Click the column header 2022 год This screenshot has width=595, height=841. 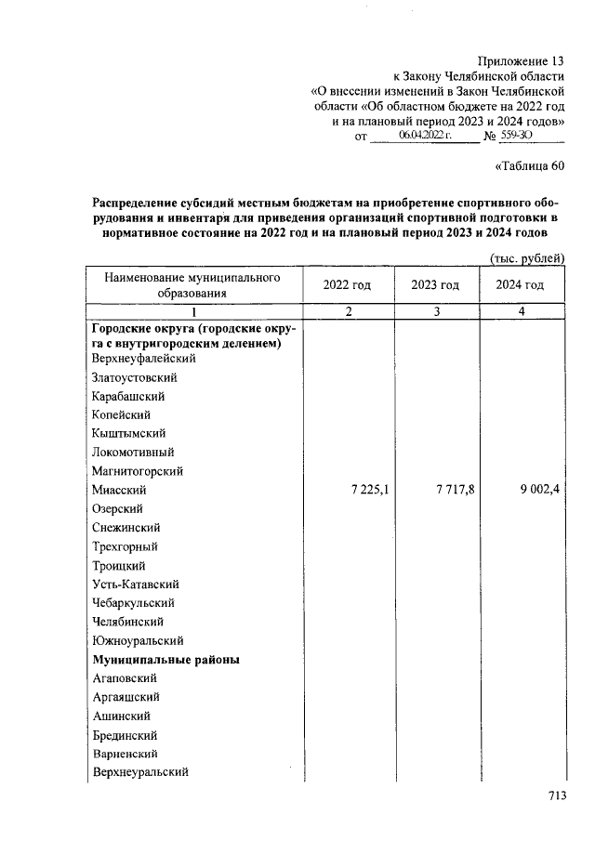[x=347, y=285]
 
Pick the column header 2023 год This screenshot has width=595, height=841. [x=435, y=285]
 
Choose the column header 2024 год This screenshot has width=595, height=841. [x=521, y=285]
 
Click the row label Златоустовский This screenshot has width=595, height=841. [x=135, y=378]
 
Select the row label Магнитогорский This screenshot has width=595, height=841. [x=139, y=472]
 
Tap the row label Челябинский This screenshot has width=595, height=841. [x=128, y=622]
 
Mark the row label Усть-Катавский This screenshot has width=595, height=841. [x=136, y=585]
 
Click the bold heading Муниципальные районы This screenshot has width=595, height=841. [x=165, y=660]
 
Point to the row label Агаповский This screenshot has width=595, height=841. [x=126, y=678]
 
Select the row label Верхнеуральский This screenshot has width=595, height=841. [x=140, y=772]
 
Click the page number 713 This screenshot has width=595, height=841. [x=556, y=795]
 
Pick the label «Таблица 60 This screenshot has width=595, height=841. [x=526, y=167]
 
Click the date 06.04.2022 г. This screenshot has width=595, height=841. [x=424, y=136]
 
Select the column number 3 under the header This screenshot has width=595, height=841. [x=435, y=312]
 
